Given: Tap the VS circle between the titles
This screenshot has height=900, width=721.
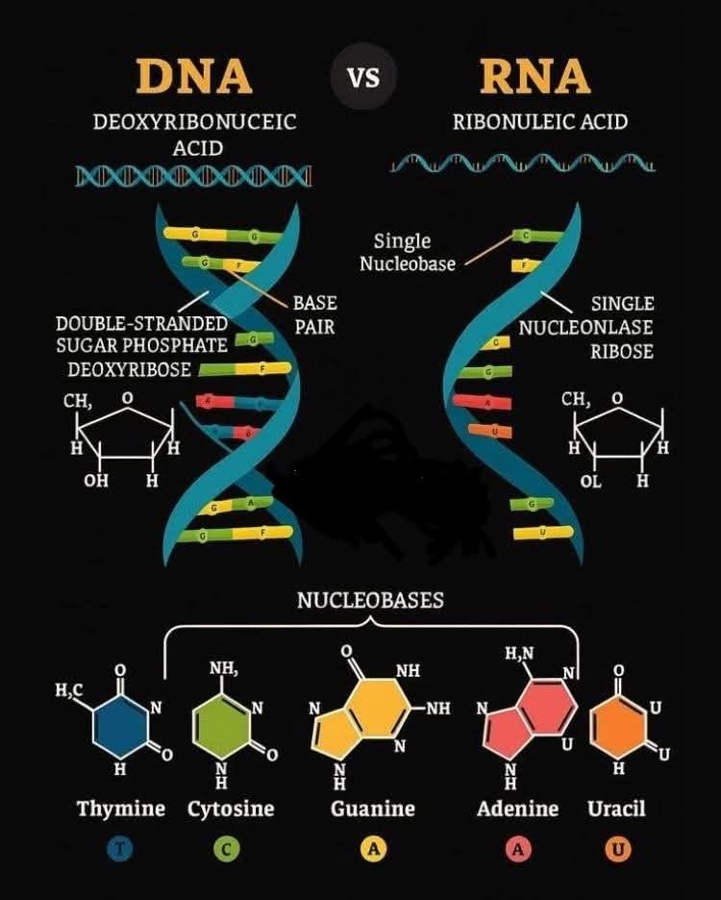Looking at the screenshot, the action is (363, 77).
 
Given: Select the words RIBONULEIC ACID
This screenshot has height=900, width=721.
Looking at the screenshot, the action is (539, 122).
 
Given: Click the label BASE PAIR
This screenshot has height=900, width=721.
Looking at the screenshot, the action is (315, 315).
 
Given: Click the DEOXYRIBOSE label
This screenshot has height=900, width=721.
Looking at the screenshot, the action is (129, 369).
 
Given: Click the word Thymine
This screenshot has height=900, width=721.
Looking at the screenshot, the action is (121, 809).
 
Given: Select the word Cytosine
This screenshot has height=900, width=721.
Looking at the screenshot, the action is (231, 809).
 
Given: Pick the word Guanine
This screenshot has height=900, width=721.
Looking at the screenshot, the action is (373, 809).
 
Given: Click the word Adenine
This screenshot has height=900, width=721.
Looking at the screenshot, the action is (517, 809).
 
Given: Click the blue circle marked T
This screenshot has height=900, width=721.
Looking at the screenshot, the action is (121, 849).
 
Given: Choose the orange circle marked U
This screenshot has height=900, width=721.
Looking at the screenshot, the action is (617, 849).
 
